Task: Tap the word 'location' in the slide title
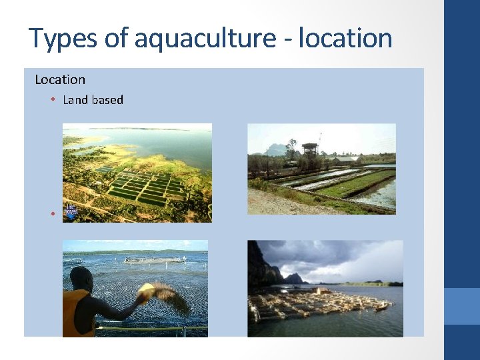(345, 38)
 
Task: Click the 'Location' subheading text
(60, 79)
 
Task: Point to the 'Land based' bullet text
(93, 100)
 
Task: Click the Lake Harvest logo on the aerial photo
(71, 213)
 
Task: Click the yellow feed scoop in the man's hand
(145, 291)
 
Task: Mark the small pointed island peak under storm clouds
(293, 276)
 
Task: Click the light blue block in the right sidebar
(461, 306)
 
